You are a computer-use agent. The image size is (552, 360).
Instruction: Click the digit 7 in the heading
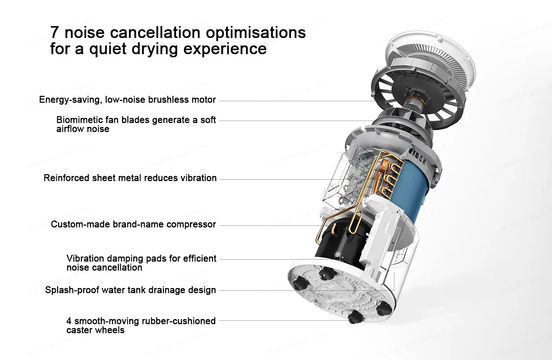click(x=54, y=32)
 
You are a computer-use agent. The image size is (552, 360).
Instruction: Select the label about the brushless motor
click(x=127, y=99)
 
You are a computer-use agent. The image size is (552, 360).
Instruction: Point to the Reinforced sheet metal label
click(x=130, y=178)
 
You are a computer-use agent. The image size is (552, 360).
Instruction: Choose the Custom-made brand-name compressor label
click(x=133, y=224)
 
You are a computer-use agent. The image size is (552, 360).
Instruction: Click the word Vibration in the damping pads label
click(x=85, y=259)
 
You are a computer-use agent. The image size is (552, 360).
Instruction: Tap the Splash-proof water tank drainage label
click(x=131, y=290)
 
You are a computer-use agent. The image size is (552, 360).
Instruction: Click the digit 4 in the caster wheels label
click(x=69, y=321)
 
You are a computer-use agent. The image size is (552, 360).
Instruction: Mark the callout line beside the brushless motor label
click(x=297, y=101)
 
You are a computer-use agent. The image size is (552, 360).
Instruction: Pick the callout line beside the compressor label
click(x=270, y=225)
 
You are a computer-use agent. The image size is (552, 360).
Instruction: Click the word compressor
click(x=191, y=224)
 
